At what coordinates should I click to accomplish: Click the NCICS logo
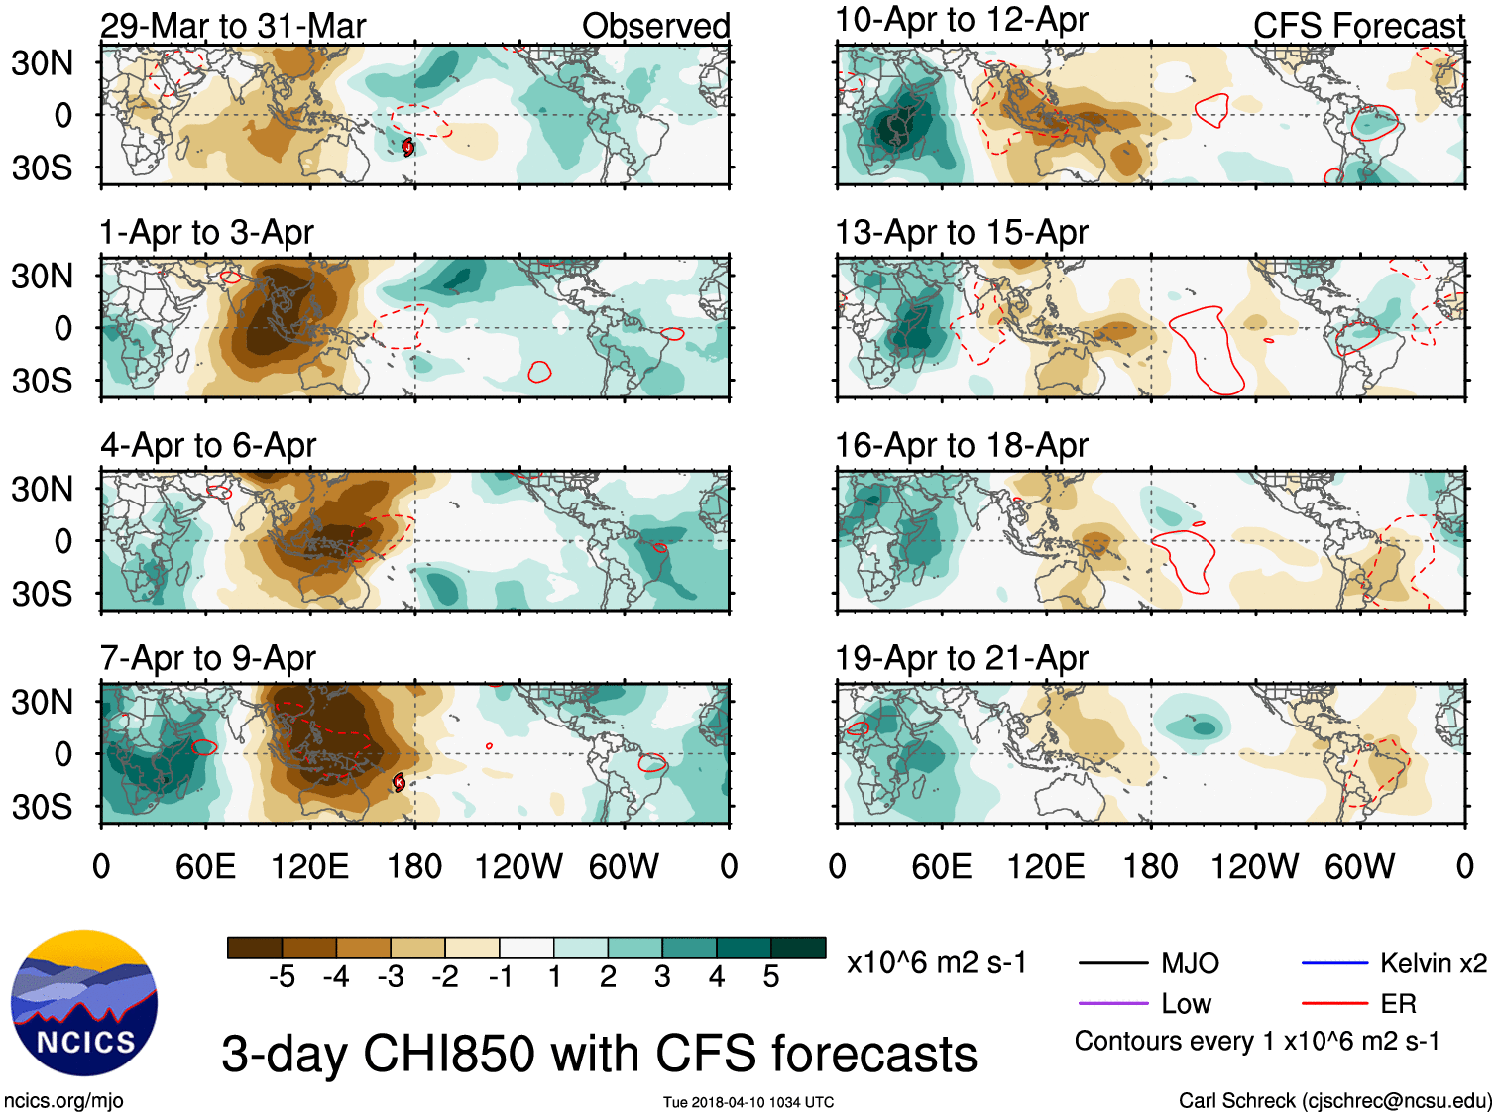pos(84,1003)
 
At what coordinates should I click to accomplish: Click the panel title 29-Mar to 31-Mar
pos(233,26)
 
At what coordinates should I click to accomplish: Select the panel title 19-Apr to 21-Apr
pos(961,658)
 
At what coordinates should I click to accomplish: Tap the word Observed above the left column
pos(655,26)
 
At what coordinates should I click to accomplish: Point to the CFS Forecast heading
pos(1358,26)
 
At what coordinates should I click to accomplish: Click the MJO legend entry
pos(1190,963)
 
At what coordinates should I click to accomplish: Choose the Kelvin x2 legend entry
pos(1433,963)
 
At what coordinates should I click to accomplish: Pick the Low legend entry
pos(1186,1004)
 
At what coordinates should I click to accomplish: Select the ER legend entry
pos(1398,1004)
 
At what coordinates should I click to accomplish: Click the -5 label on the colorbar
pos(282,977)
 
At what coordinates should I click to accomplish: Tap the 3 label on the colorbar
pos(662,977)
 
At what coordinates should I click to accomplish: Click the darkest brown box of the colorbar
pos(255,948)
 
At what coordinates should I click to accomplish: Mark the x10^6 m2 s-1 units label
pos(936,963)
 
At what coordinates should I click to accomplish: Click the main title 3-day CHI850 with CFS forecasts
pos(599,1054)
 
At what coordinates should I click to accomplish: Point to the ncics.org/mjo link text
pos(63,1100)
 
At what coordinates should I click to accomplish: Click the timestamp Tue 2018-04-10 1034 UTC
pos(748,1102)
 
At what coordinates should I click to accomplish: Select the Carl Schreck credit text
pos(1334,1100)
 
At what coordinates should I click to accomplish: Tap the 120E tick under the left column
pos(309,867)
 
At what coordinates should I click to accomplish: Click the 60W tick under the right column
pos(1359,867)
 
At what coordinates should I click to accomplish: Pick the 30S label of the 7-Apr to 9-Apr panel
pos(42,807)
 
